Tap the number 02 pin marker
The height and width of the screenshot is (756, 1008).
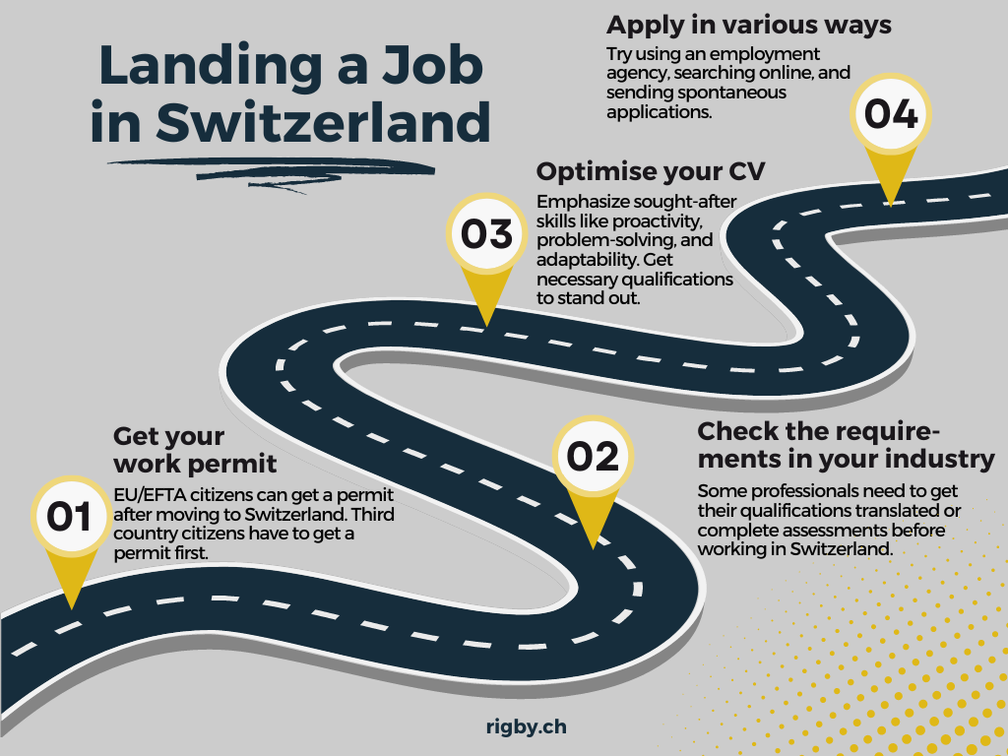click(593, 457)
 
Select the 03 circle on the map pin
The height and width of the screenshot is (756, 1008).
click(486, 234)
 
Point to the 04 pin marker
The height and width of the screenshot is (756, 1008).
click(891, 115)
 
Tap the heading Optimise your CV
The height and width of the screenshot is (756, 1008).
click(651, 171)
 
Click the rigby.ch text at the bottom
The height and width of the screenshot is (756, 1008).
click(527, 727)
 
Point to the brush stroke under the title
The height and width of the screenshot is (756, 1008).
click(271, 166)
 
